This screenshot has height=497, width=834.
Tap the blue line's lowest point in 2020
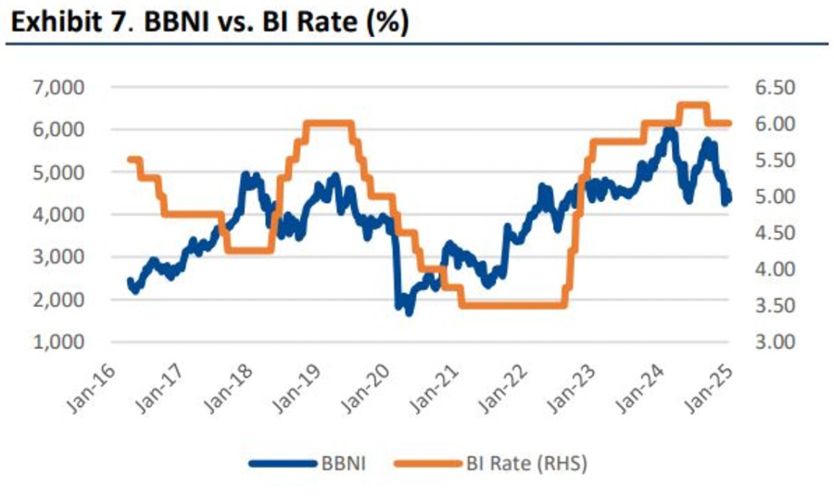tap(409, 312)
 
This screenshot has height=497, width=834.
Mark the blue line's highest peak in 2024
tap(668, 131)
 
